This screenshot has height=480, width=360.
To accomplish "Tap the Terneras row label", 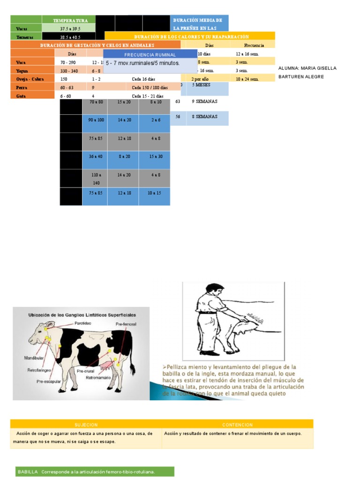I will (x=22, y=37).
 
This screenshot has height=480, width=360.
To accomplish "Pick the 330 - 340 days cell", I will (x=70, y=71).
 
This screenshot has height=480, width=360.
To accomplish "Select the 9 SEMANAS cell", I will (x=204, y=101).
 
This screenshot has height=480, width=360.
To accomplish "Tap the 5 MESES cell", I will (x=202, y=85).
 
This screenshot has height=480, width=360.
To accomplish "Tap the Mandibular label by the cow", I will (x=33, y=358).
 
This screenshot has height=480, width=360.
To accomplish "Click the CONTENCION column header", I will (x=237, y=424).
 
